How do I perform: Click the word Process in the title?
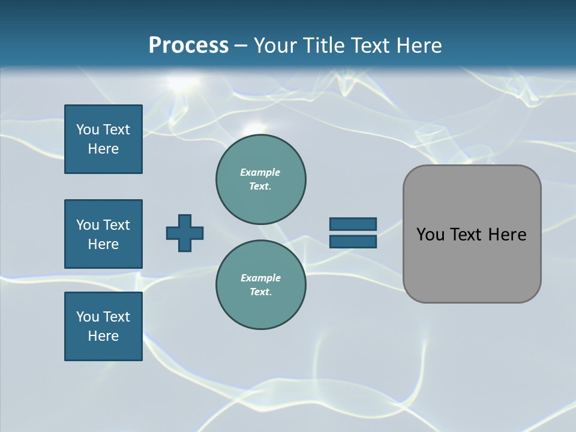188,46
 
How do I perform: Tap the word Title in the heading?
322,46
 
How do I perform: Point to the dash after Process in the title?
241,46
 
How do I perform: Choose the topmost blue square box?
103,139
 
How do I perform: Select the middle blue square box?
103,234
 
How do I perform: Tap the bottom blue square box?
103,326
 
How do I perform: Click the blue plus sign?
185,233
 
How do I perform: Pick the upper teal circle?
260,179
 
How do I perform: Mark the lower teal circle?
260,285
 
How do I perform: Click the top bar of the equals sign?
353,224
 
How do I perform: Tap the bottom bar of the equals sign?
353,241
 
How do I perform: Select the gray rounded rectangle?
472,234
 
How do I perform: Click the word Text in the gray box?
468,235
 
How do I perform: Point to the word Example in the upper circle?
260,172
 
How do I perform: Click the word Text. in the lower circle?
260,292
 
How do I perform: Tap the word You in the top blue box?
87,130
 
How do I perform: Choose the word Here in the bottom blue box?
103,336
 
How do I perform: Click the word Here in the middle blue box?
103,244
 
